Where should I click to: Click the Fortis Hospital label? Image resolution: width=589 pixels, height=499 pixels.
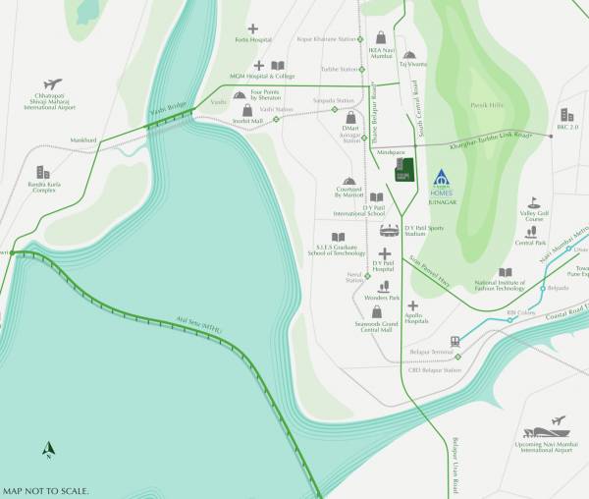252,40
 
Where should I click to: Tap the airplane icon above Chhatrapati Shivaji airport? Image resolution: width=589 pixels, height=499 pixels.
53,84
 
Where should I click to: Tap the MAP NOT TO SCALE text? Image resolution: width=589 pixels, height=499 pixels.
46,490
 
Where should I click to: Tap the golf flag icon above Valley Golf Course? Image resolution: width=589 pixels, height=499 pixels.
534,201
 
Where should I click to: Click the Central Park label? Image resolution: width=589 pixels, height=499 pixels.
530,242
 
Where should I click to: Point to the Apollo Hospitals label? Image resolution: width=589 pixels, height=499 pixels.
415,318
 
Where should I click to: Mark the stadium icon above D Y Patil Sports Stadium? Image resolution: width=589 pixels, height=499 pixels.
390,231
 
